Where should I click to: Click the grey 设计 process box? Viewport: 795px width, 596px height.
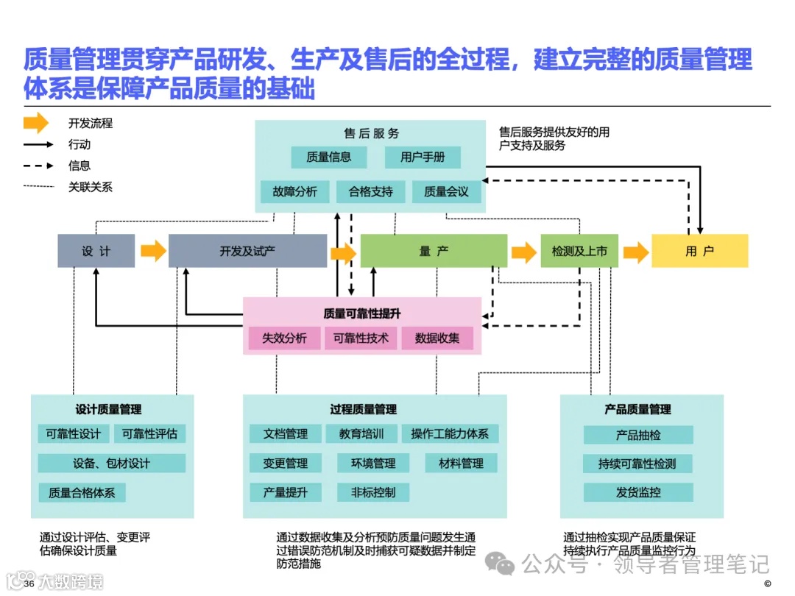coord(96,251)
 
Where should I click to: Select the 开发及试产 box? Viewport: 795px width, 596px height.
coord(247,251)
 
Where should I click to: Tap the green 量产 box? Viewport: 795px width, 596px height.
coord(434,251)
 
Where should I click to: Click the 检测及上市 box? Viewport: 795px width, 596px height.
coord(579,251)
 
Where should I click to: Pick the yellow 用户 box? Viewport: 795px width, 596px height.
coord(699,251)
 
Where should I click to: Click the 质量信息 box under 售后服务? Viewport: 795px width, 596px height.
coord(328,157)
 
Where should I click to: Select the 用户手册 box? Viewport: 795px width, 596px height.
coord(423,157)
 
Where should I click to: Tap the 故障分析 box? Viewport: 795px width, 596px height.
coord(294,192)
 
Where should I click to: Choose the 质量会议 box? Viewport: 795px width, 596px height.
coord(446,192)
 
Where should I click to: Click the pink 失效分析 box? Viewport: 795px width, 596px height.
coord(284,338)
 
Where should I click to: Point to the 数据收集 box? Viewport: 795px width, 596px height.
coord(437,338)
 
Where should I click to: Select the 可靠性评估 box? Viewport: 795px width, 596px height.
coord(149,433)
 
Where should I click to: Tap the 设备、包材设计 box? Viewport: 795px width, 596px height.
coord(111,463)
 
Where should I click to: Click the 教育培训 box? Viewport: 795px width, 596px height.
coord(361,433)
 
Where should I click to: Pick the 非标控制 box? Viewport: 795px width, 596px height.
coord(372,492)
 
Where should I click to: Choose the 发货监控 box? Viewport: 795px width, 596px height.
coord(638,492)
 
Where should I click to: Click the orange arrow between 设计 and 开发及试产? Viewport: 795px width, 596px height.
coord(153,251)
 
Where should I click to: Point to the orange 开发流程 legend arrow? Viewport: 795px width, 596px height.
coord(36,124)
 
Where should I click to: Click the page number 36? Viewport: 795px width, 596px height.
coord(29,583)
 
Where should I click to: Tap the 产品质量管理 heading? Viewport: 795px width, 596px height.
coord(637,409)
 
